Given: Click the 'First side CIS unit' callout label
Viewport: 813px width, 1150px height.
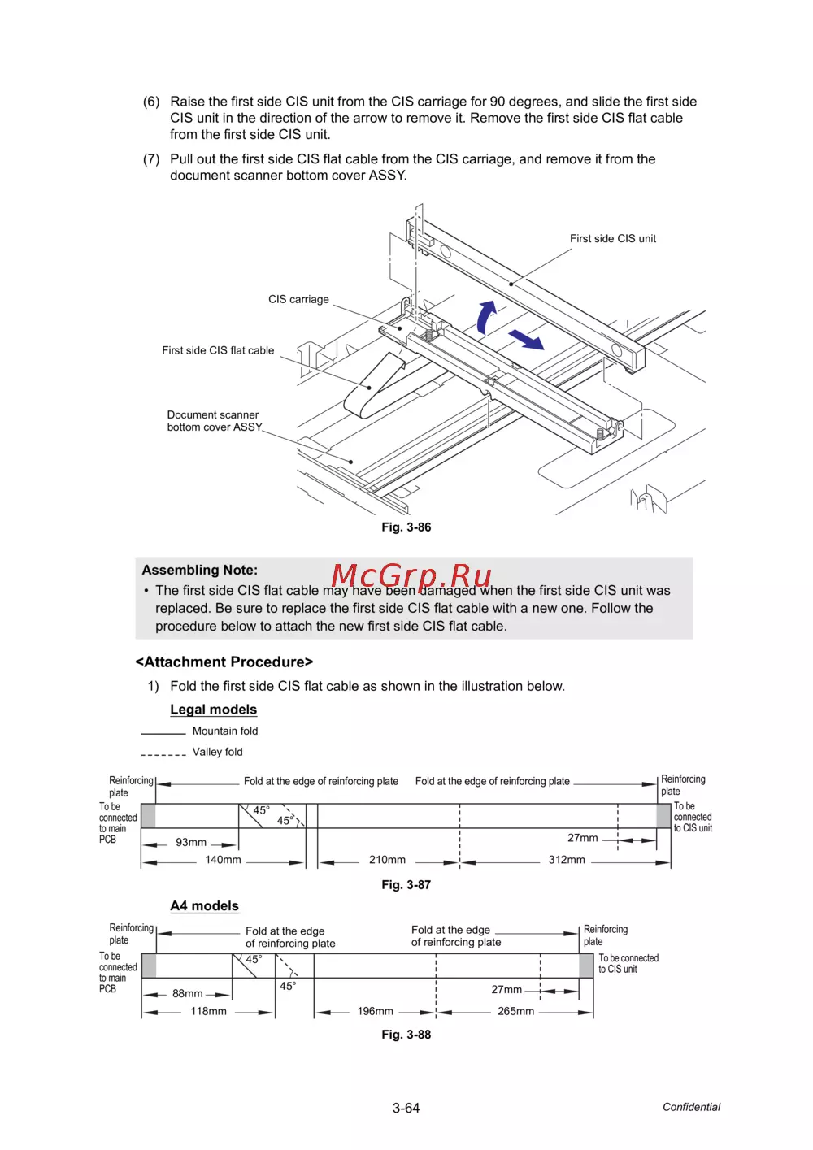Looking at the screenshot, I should click(612, 239).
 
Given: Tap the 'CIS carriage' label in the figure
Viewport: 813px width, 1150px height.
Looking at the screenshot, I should click(298, 300).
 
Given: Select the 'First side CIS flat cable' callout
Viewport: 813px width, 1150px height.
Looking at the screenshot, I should click(218, 351).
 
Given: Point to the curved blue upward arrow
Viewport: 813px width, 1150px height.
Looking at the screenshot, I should click(485, 317).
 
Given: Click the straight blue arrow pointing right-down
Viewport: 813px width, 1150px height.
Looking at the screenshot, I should click(527, 340).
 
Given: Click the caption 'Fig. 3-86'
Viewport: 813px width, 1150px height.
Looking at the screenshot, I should click(406, 527).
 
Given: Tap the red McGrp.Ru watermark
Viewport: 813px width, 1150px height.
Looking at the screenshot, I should click(411, 575).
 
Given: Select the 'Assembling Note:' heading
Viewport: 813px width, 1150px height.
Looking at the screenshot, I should click(199, 571).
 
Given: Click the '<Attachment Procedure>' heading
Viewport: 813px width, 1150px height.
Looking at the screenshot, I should click(224, 662).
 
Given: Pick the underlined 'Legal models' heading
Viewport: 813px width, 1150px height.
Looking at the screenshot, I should click(213, 710).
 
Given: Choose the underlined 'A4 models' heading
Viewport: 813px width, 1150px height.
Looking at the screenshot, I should click(204, 906).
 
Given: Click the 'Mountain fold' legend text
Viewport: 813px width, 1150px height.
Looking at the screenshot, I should click(225, 731).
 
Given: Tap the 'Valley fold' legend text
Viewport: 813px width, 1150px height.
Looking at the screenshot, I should click(217, 753).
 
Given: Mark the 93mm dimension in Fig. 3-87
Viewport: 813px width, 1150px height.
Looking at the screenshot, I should click(191, 843).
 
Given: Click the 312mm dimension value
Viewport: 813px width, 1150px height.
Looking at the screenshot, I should click(567, 860).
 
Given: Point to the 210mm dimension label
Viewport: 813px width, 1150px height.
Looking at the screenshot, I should click(387, 860).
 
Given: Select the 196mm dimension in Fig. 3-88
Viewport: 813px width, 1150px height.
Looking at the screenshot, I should click(375, 1012).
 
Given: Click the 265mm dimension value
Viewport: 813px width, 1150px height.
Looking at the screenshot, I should click(515, 1012).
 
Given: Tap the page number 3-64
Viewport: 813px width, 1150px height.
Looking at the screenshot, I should click(406, 1109).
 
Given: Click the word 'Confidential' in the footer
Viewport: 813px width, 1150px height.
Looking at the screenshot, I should click(691, 1107).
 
